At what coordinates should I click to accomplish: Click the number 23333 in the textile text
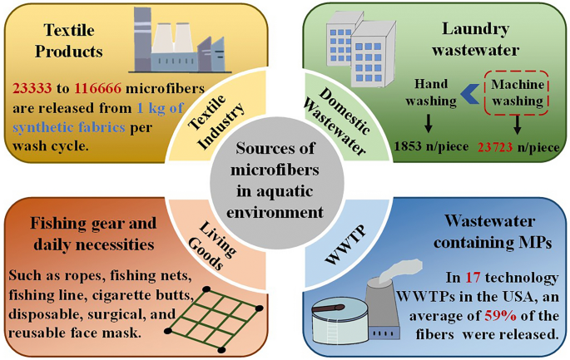pos(32,87)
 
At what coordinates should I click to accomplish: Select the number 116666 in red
pos(98,87)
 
